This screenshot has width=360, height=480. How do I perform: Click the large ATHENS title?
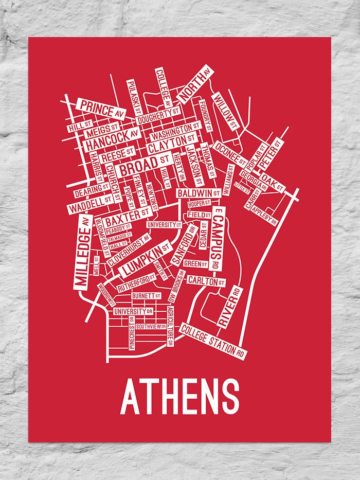pyautogui.click(x=180, y=397)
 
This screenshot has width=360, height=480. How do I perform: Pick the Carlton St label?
pyautogui.click(x=206, y=281)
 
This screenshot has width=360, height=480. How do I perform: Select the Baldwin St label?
pyautogui.click(x=199, y=193)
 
